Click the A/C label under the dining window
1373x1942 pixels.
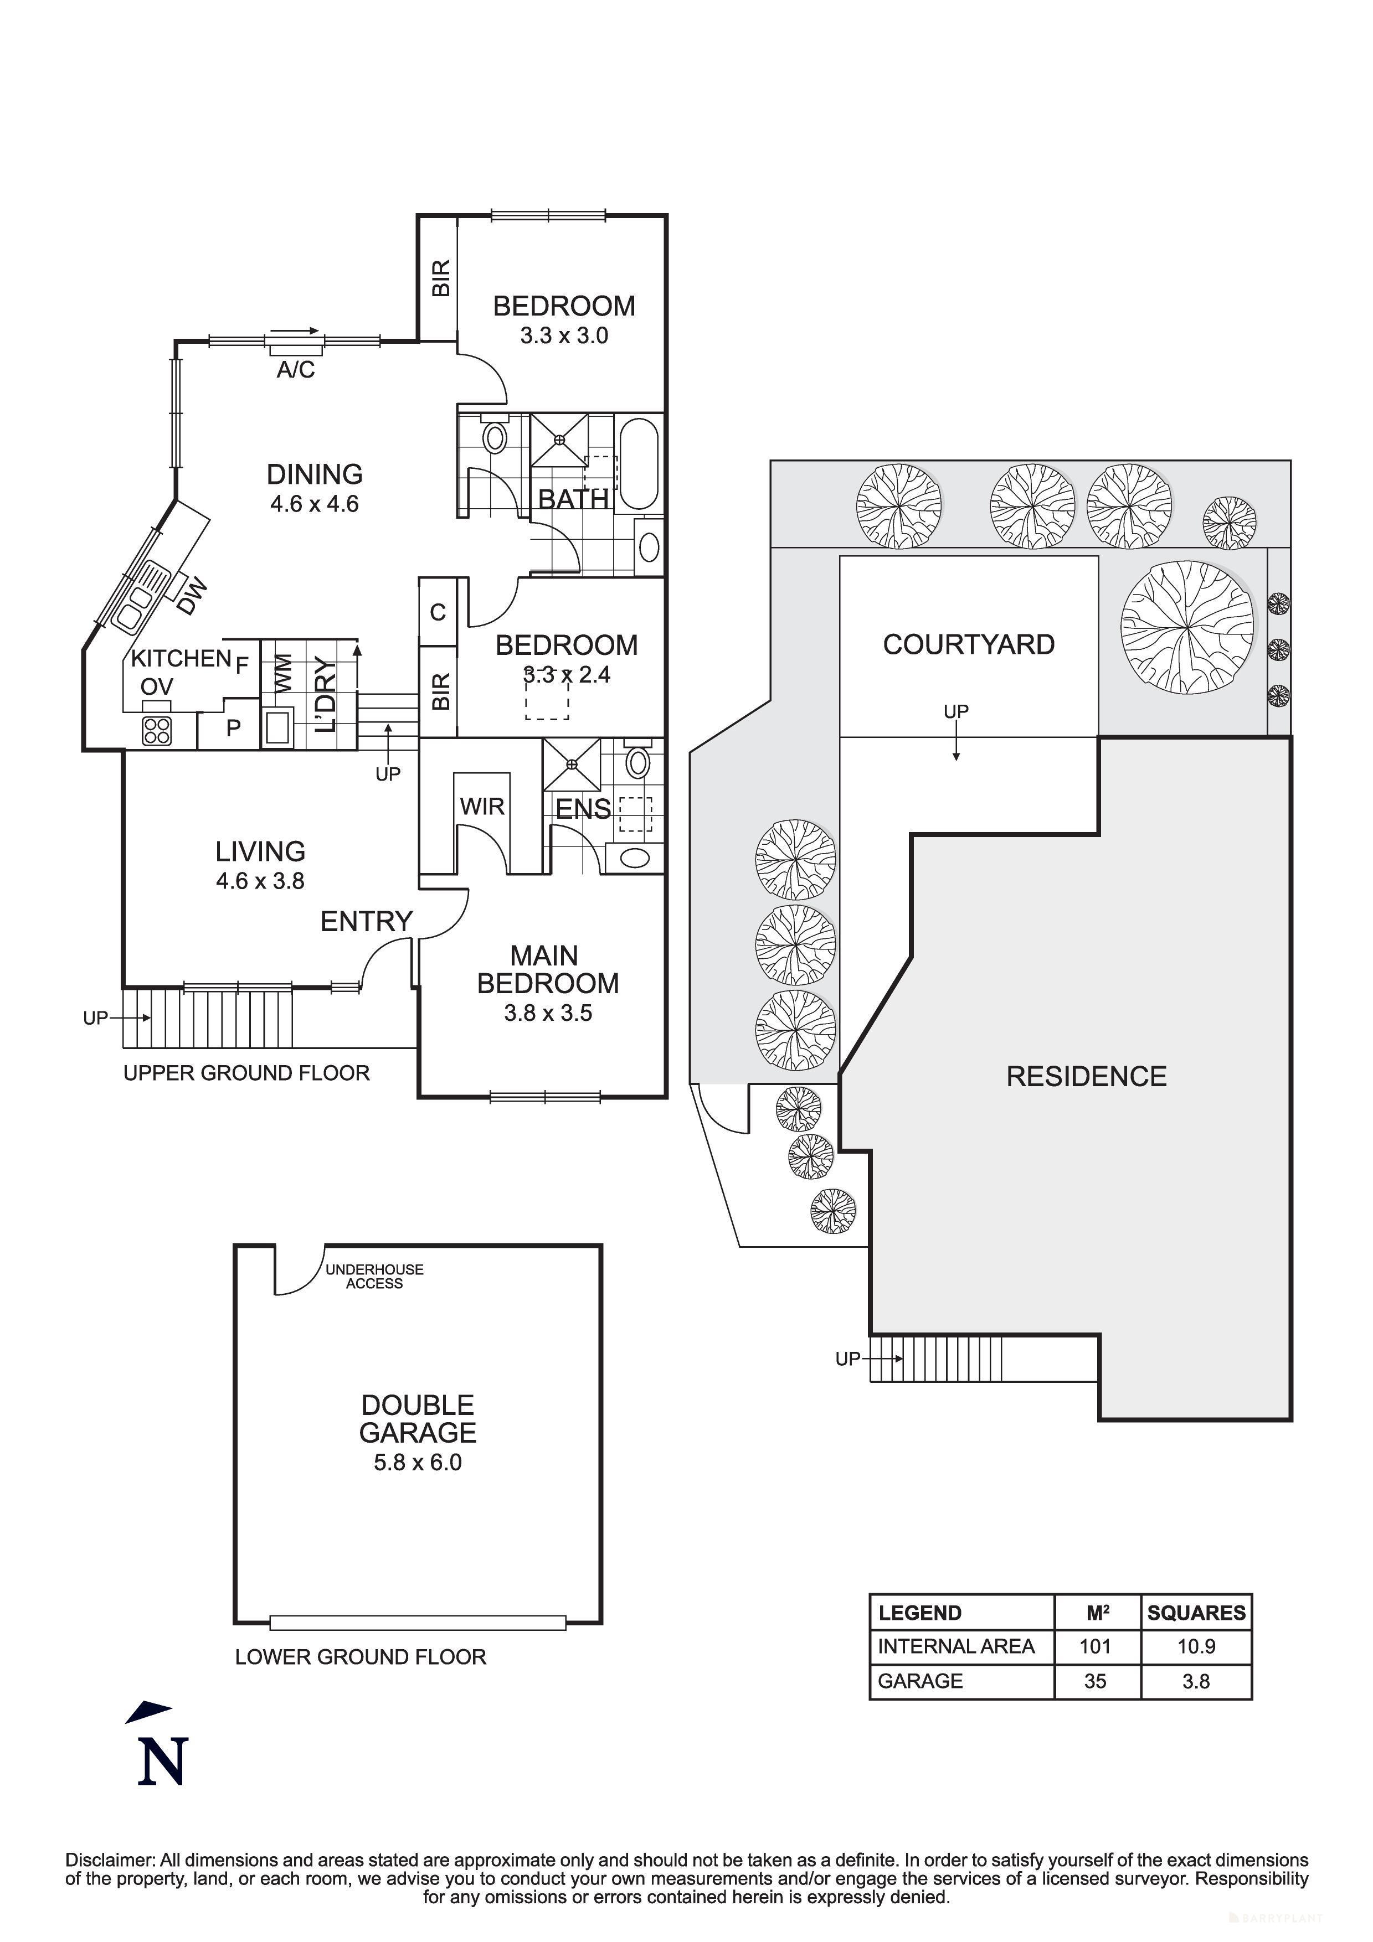pyautogui.click(x=295, y=370)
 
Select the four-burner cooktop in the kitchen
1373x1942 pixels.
pyautogui.click(x=157, y=730)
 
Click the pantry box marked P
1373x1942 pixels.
pyautogui.click(x=233, y=727)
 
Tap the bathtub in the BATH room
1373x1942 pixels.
pyautogui.click(x=640, y=463)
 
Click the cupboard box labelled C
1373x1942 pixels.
pyautogui.click(x=438, y=612)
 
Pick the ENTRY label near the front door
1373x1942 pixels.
pyautogui.click(x=366, y=921)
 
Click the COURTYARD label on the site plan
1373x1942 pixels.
pyautogui.click(x=969, y=644)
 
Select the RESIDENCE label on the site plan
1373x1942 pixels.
pyautogui.click(x=1086, y=1077)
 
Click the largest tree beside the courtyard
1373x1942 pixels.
pyautogui.click(x=1187, y=627)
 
